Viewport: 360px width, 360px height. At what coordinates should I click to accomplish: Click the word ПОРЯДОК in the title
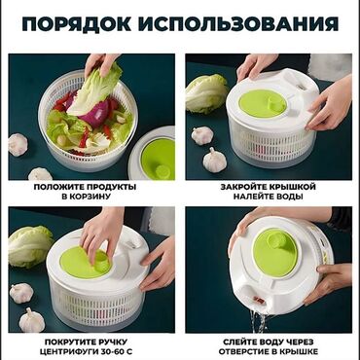[77, 23]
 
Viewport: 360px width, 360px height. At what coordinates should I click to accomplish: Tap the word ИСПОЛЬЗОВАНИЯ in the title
[238, 23]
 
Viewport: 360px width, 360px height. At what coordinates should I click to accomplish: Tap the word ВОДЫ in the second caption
[289, 197]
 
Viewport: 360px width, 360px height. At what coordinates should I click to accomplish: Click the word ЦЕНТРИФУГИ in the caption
[70, 351]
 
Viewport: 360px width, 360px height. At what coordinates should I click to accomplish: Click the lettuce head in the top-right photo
[206, 93]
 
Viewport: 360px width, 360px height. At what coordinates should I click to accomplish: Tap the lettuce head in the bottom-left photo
[30, 247]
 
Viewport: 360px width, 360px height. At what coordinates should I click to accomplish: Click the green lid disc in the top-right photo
[263, 103]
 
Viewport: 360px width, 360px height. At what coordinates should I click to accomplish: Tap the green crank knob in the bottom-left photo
[102, 261]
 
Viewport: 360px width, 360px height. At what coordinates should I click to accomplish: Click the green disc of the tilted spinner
[275, 252]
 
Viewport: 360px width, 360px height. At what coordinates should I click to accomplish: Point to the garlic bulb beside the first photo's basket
[18, 144]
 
